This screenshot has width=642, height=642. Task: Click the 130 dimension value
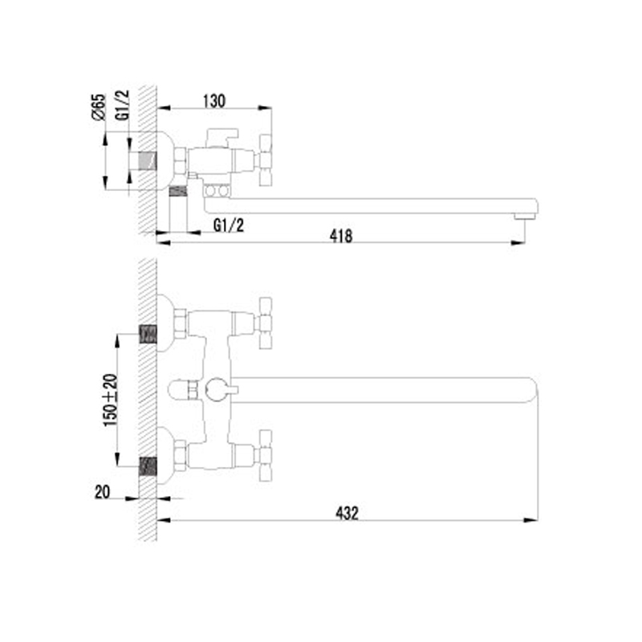[214, 101]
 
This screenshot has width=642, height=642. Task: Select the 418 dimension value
[340, 236]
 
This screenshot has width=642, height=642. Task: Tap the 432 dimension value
[347, 513]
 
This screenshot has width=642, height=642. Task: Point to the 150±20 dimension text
[110, 400]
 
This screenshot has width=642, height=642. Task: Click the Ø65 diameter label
[99, 107]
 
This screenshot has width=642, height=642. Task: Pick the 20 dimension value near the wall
[103, 492]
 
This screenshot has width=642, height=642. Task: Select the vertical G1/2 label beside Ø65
[122, 105]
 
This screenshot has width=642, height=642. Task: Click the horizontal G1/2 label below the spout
[229, 225]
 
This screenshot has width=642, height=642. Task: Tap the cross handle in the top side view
[265, 160]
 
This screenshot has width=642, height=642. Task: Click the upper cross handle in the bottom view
[265, 323]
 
